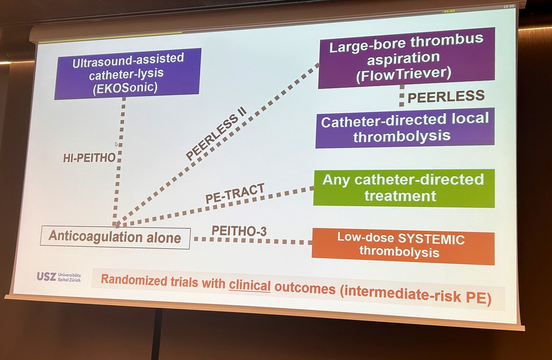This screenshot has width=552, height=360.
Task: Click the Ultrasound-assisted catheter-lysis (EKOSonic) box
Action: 127,73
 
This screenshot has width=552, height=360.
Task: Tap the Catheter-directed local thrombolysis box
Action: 404,128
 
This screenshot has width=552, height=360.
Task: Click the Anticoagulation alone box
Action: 115,238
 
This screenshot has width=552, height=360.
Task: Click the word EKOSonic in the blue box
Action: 128,87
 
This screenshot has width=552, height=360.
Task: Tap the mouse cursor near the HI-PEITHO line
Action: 117,144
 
